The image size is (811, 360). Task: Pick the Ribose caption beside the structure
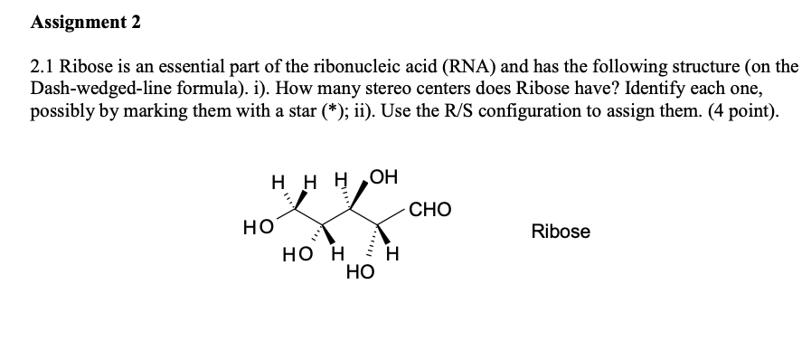tap(561, 232)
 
